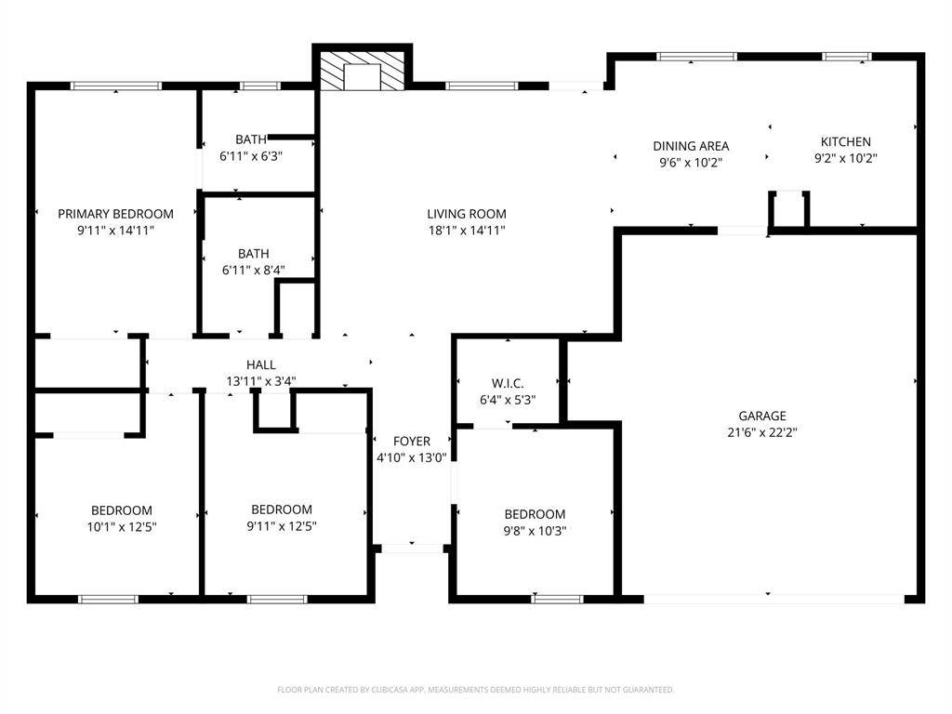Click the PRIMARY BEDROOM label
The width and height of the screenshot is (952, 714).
(x=115, y=214)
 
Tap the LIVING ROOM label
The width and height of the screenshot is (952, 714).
(x=467, y=214)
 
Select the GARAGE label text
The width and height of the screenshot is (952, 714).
(x=762, y=416)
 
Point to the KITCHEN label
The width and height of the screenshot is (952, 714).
(x=846, y=141)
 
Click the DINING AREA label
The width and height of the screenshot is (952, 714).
(x=691, y=146)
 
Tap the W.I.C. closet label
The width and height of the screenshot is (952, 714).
(x=508, y=383)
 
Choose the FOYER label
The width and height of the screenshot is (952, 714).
(x=412, y=442)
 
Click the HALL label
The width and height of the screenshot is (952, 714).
(x=261, y=364)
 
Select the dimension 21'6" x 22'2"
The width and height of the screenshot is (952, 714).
(x=762, y=432)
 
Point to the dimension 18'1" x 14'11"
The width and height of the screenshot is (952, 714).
(x=467, y=231)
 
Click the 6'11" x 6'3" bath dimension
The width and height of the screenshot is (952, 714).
(x=251, y=156)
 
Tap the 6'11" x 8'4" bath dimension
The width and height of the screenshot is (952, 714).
(x=253, y=271)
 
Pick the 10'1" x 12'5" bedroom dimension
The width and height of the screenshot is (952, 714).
(x=122, y=527)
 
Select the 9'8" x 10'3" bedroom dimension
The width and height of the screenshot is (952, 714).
(x=535, y=531)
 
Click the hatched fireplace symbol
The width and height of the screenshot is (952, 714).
(x=362, y=71)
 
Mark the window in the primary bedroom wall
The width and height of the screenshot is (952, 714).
(x=116, y=86)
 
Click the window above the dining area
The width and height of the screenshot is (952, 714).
(x=696, y=57)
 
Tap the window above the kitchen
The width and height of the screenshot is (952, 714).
(x=847, y=57)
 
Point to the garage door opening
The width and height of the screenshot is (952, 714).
(x=774, y=600)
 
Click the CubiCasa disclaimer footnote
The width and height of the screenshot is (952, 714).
(x=475, y=690)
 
